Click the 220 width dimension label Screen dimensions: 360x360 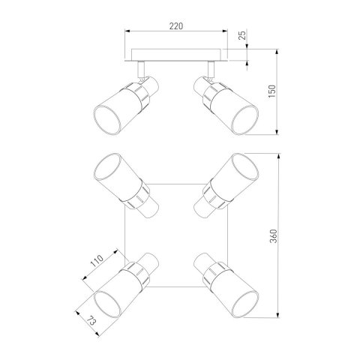(176, 26)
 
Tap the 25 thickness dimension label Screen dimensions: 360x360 (242, 34)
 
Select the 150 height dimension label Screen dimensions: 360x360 (271, 91)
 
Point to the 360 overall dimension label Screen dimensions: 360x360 (274, 236)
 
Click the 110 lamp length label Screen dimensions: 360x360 (97, 261)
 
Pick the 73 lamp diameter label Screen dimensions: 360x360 (91, 320)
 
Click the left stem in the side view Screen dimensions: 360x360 (141, 69)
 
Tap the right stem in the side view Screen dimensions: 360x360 (211, 69)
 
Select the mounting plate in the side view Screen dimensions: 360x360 (176, 55)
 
